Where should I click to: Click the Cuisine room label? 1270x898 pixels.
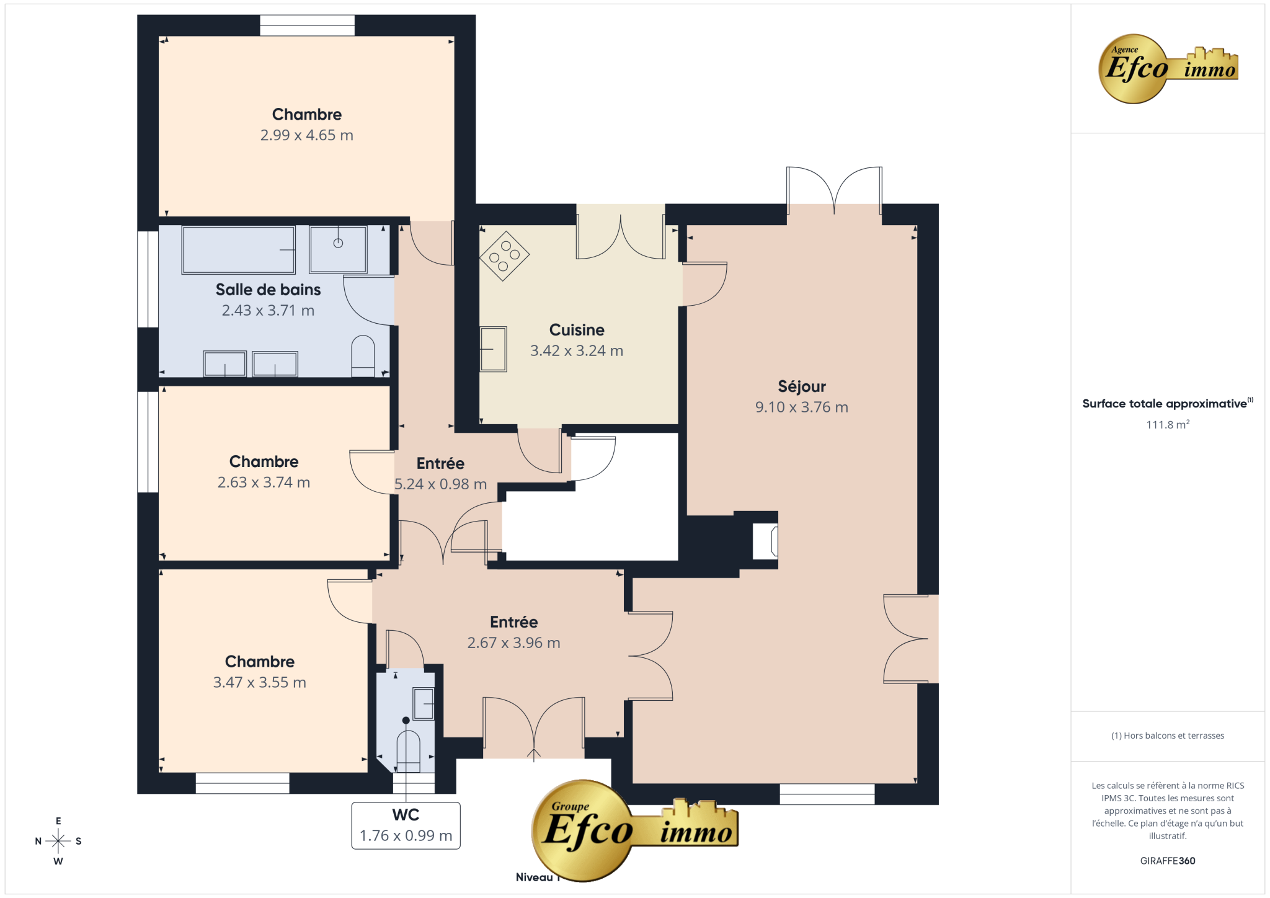pyautogui.click(x=577, y=330)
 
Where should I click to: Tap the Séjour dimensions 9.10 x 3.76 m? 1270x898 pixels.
pyautogui.click(x=801, y=407)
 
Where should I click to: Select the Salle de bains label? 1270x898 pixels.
pyautogui.click(x=268, y=290)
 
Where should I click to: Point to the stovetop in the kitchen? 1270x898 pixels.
pyautogui.click(x=504, y=256)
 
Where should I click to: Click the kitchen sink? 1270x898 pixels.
pyautogui.click(x=494, y=349)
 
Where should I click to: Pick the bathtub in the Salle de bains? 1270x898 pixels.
pyautogui.click(x=239, y=250)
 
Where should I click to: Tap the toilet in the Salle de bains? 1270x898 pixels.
pyautogui.click(x=363, y=356)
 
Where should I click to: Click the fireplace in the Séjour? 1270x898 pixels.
pyautogui.click(x=765, y=541)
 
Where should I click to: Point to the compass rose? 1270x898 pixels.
pyautogui.click(x=58, y=841)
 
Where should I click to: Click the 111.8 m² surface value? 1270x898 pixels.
pyautogui.click(x=1168, y=425)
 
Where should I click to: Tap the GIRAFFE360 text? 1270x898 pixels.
pyautogui.click(x=1168, y=861)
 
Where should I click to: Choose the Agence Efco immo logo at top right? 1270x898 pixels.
pyautogui.click(x=1168, y=68)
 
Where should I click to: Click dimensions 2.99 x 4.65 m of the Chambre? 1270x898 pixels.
pyautogui.click(x=306, y=135)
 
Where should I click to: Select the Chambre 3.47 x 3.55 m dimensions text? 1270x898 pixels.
pyautogui.click(x=259, y=682)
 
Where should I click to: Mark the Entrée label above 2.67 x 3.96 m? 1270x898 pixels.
pyautogui.click(x=513, y=622)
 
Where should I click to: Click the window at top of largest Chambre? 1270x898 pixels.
pyautogui.click(x=307, y=25)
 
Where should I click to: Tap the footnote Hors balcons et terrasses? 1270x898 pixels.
pyautogui.click(x=1168, y=736)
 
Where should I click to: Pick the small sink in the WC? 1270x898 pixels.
pyautogui.click(x=424, y=704)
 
